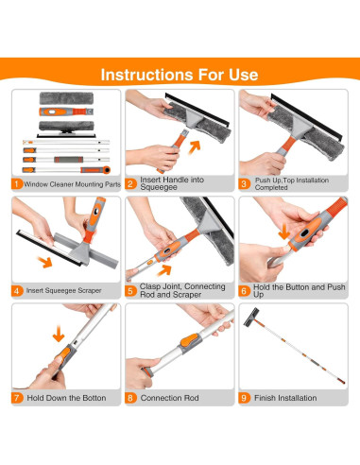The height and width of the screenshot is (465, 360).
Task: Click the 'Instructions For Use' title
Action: click(180, 75)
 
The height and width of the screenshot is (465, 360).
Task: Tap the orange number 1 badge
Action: click(17, 183)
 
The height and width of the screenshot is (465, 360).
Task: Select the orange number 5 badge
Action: click(130, 290)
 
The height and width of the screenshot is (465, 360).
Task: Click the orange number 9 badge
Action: click(244, 398)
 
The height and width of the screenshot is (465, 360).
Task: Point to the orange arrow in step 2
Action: click(195, 147)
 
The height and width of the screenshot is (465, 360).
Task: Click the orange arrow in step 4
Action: click(45, 262)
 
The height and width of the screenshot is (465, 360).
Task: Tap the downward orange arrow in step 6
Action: click(284, 232)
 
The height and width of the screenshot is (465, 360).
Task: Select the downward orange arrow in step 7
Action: click(59, 334)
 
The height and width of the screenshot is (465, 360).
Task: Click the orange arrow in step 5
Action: click(164, 270)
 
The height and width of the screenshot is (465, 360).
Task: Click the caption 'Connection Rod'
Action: click(169, 398)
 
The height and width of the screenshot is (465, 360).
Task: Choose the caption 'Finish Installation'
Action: click(285, 398)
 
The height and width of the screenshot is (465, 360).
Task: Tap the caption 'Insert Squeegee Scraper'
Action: click(63, 290)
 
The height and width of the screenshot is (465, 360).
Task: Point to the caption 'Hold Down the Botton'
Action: click(66, 398)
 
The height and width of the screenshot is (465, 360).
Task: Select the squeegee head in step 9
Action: click(251, 317)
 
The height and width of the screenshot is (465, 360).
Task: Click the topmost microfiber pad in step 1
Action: click(66, 98)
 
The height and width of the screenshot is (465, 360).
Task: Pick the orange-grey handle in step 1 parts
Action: click(66, 112)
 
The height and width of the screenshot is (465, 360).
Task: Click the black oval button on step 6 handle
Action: click(304, 233)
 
